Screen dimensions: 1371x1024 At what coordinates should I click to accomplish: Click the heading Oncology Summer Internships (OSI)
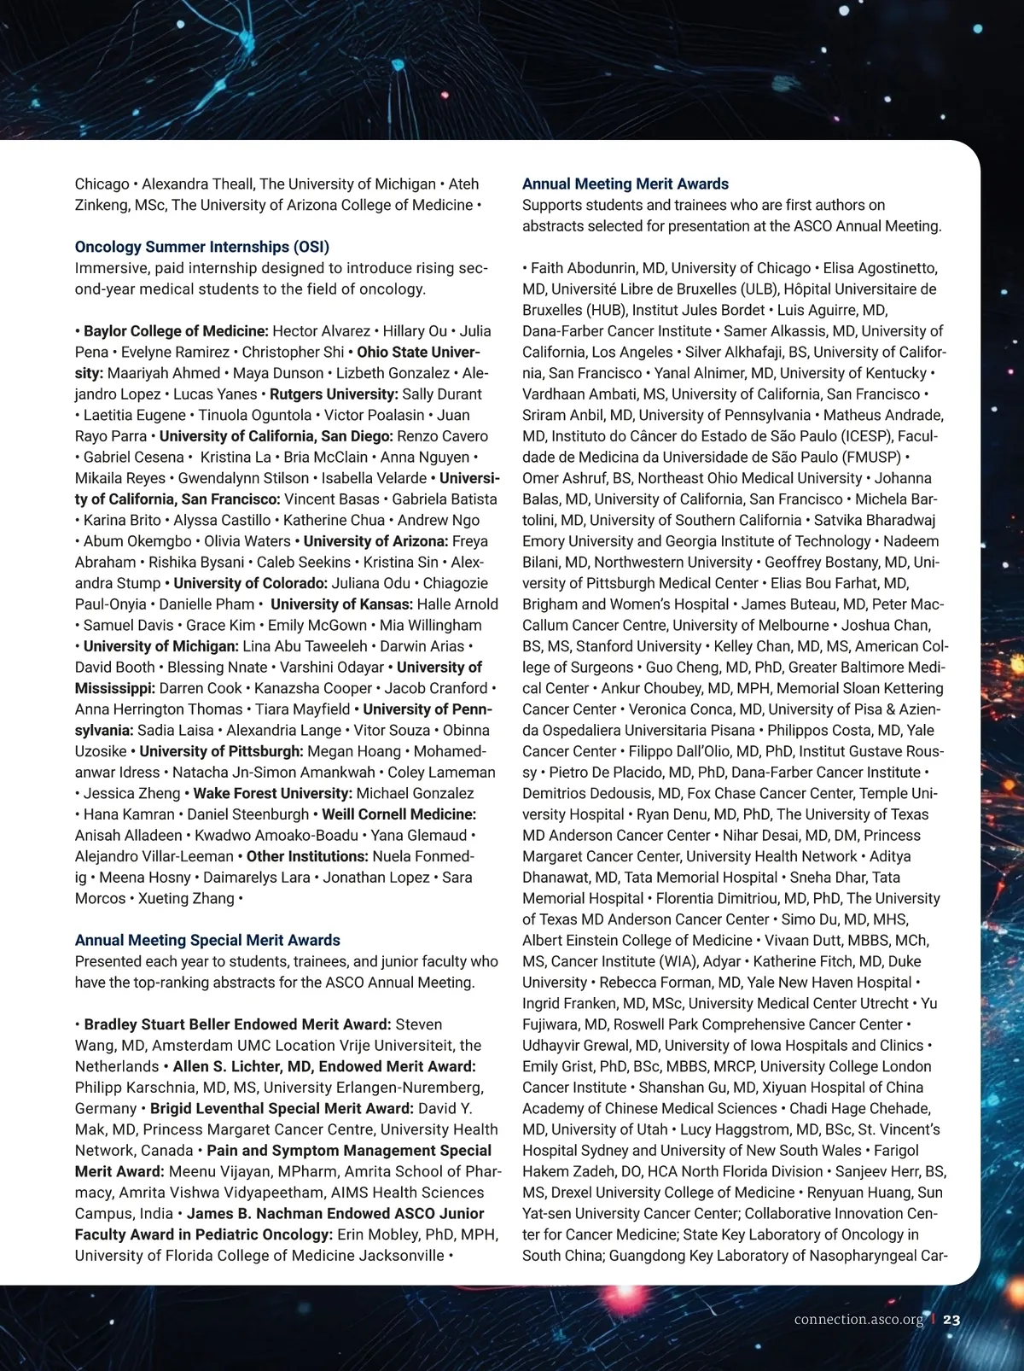(x=201, y=248)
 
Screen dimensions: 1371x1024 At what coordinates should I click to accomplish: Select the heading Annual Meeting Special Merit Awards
(x=207, y=941)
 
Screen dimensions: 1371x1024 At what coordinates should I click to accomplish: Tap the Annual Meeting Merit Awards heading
(x=625, y=184)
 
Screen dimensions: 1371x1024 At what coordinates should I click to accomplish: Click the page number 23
(x=951, y=1320)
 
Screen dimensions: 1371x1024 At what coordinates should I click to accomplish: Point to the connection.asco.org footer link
(x=858, y=1320)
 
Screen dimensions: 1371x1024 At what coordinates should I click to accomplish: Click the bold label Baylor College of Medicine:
(x=176, y=331)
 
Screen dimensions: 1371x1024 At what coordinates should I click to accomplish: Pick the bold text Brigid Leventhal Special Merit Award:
(x=282, y=1109)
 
